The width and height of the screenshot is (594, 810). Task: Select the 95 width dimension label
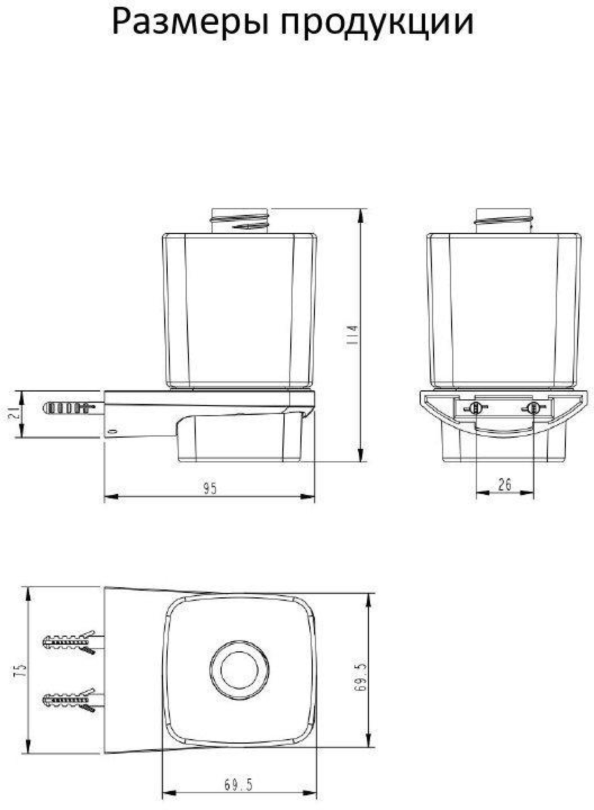pos(210,489)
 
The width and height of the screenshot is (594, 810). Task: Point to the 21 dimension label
pos(13,414)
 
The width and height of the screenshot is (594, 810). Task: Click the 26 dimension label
pos(504,484)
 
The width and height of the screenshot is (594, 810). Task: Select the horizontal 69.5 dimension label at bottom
pos(238,785)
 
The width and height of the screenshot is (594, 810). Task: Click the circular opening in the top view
pos(239,670)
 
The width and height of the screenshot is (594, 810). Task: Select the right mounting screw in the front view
pos(533,408)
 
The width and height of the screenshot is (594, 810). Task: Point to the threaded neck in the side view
pos(241,221)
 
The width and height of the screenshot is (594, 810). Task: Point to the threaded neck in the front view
pos(503,221)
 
